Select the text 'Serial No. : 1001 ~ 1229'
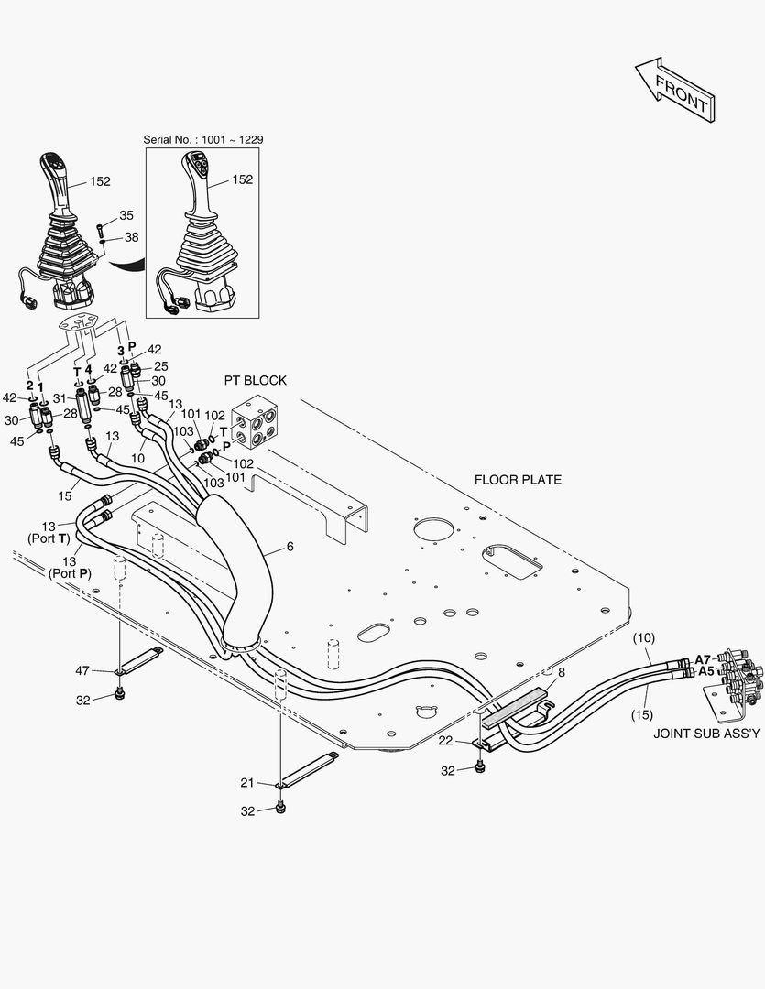point(204,139)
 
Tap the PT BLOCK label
point(256,380)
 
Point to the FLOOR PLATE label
point(518,479)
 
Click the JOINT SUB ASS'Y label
point(706,734)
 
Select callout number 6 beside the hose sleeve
point(290,547)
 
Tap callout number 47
point(82,672)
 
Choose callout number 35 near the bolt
point(126,216)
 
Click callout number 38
point(131,236)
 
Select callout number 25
point(160,366)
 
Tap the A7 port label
point(703,658)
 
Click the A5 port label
point(705,671)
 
